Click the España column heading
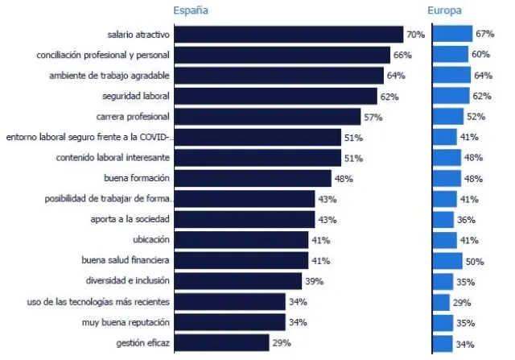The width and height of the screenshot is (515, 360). pos(191,10)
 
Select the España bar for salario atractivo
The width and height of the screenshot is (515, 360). pos(288,35)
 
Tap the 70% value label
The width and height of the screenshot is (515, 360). pos(415,35)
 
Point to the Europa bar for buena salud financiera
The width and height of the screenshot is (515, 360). pos(447,261)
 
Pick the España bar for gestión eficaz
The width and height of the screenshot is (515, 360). pos(221,343)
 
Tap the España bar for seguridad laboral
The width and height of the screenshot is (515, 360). pos(275,97)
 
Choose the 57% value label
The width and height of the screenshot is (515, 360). pos(373,117)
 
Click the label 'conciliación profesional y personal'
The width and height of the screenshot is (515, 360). pos(104,56)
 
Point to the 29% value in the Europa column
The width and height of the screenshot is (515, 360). pos(461,303)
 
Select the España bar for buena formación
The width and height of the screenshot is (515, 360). pos(253,179)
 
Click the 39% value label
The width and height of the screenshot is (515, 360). pos(314,281)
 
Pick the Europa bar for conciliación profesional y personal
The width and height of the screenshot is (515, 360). pos(451,55)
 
